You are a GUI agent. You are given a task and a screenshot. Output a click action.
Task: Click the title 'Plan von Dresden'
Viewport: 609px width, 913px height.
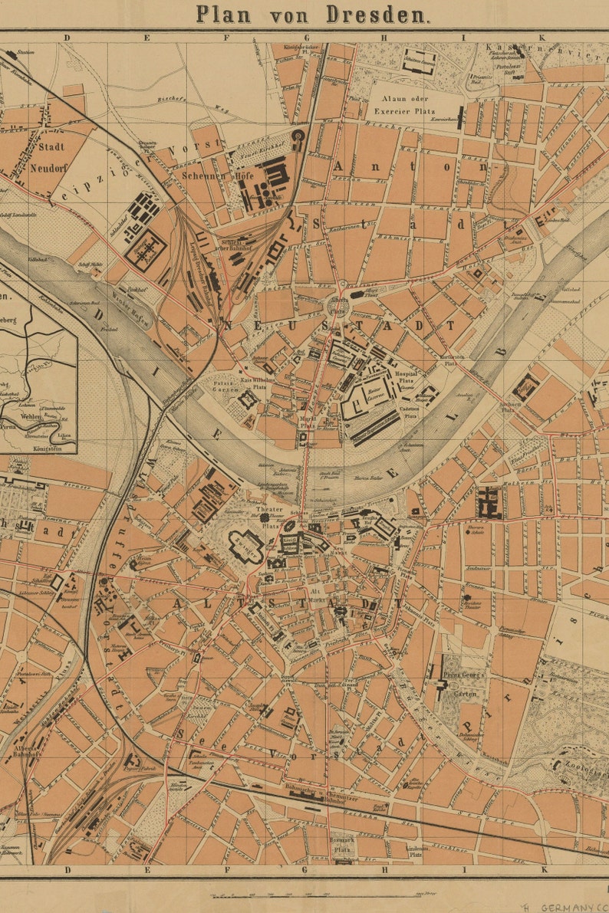pos(312,14)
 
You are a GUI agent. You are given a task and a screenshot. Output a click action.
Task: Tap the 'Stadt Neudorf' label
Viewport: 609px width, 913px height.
pos(48,157)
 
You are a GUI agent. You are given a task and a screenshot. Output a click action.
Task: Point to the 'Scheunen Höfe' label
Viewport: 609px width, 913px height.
pos(203,175)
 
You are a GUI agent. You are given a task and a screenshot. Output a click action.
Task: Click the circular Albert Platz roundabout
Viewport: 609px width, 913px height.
pos(337,306)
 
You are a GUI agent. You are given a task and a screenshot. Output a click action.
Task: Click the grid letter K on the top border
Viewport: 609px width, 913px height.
pos(540,37)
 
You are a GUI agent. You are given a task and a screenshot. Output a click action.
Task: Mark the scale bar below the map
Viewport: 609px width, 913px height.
pos(322,894)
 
